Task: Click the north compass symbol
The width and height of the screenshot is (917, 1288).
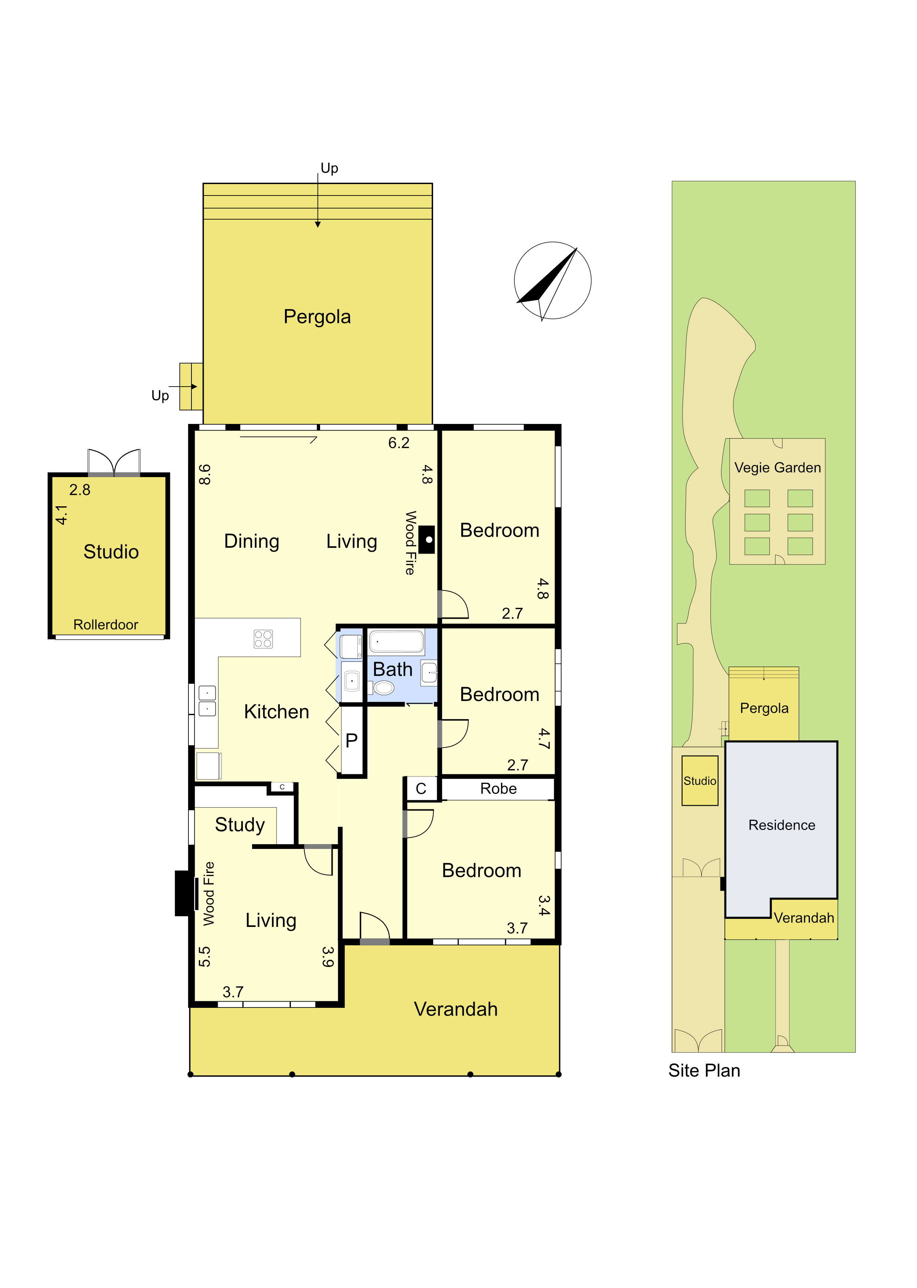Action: [x=552, y=281]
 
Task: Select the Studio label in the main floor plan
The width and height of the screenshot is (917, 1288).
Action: [x=111, y=552]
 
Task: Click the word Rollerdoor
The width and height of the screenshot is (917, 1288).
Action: [x=106, y=625]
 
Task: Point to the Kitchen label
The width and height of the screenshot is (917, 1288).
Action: [x=277, y=711]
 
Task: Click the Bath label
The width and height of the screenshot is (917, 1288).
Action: [x=393, y=670]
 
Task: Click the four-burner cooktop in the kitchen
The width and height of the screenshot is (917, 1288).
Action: [x=263, y=639]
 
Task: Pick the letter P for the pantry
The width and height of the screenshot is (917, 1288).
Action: [x=351, y=740]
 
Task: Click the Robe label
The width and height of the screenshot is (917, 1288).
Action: [x=499, y=789]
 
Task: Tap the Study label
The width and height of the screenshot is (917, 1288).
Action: [x=240, y=825]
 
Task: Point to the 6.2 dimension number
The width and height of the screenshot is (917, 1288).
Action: [x=399, y=443]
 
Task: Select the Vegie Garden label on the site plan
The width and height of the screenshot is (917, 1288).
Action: [x=778, y=468]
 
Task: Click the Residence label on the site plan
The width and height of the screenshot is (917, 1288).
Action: [x=782, y=825]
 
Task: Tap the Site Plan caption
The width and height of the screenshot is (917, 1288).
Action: [x=704, y=1071]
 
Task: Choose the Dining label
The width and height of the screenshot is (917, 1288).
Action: [x=252, y=541]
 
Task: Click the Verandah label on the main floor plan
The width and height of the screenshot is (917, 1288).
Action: [x=456, y=1009]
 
